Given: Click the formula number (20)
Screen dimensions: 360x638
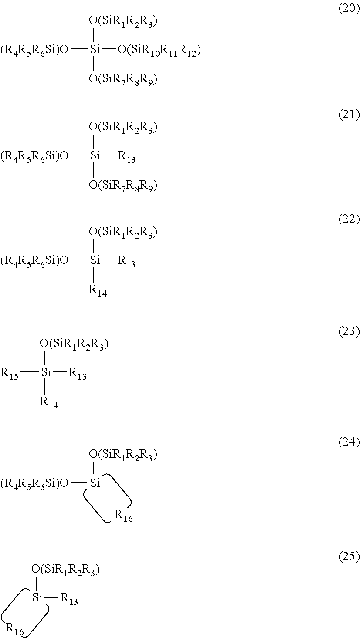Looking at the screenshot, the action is (349, 10).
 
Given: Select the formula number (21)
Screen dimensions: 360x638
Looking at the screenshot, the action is (349, 115).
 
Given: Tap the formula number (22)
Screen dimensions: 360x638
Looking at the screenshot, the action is (349, 219).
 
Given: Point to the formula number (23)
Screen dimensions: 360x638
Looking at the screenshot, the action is (349, 332).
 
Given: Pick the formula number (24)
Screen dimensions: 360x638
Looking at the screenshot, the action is (349, 443).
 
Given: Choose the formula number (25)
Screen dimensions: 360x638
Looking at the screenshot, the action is (349, 557).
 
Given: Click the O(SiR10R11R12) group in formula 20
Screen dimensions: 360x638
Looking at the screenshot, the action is (159, 51).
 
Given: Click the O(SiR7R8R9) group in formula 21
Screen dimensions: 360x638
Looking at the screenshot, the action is (122, 186).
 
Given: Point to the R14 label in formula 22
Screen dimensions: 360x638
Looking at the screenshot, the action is (98, 290).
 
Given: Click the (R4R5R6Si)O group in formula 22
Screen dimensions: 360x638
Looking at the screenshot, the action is (34, 261).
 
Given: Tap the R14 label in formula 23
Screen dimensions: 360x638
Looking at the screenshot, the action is (49, 402).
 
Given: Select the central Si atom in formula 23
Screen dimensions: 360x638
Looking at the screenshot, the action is (46, 373).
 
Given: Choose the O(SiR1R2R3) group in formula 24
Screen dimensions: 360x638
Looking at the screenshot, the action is (122, 455).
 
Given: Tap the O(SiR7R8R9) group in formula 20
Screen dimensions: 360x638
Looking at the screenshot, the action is (122, 79).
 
